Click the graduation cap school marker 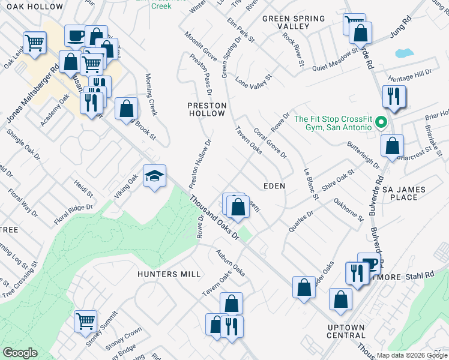[x=155, y=176]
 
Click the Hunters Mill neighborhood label [x=169, y=274]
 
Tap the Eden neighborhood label [x=273, y=187]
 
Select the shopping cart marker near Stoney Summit [x=86, y=321]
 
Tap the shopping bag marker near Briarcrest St [x=392, y=145]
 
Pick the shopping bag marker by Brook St [x=127, y=109]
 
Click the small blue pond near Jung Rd [x=405, y=53]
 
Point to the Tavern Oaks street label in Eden [x=248, y=140]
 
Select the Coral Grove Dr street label [x=270, y=143]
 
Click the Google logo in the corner [x=20, y=353]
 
